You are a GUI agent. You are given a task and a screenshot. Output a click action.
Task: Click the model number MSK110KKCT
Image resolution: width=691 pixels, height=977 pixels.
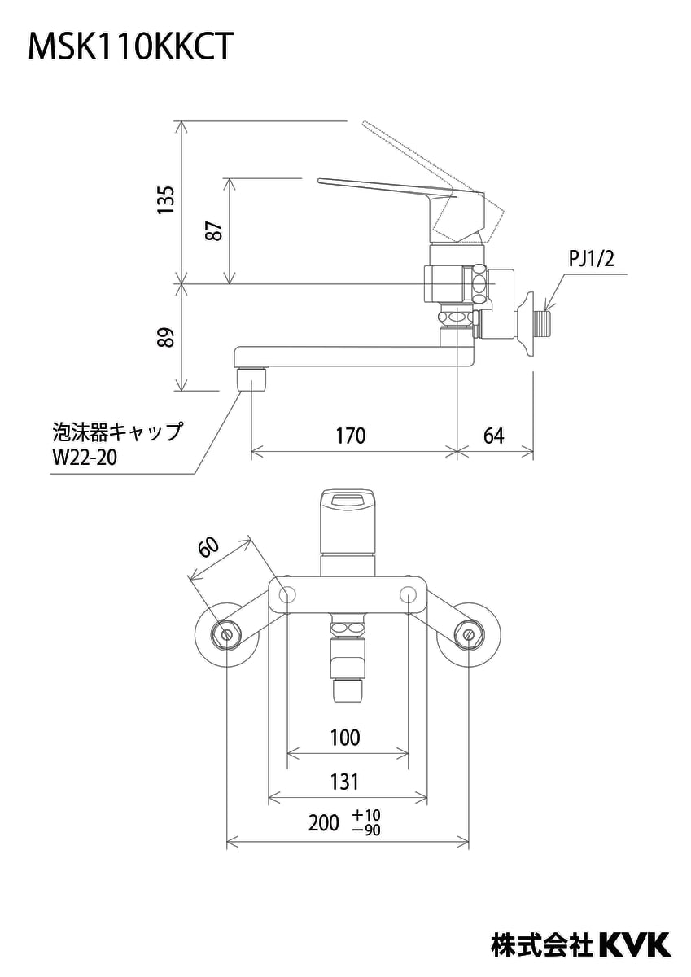click(129, 47)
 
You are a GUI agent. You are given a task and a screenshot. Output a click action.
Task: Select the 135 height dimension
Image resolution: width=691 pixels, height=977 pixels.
click(166, 199)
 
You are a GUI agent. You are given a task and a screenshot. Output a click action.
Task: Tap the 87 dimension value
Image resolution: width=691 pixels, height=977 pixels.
click(215, 230)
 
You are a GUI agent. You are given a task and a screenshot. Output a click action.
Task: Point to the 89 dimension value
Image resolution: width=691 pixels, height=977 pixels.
click(166, 337)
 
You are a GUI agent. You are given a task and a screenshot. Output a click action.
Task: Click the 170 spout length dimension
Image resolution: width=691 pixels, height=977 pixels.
click(351, 436)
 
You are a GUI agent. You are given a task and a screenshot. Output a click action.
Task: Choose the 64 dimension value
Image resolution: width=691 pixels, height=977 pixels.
click(493, 436)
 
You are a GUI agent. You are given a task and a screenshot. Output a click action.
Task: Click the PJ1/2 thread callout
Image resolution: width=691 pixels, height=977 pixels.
click(591, 260)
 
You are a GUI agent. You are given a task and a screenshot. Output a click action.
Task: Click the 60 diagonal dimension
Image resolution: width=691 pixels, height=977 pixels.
click(209, 546)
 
